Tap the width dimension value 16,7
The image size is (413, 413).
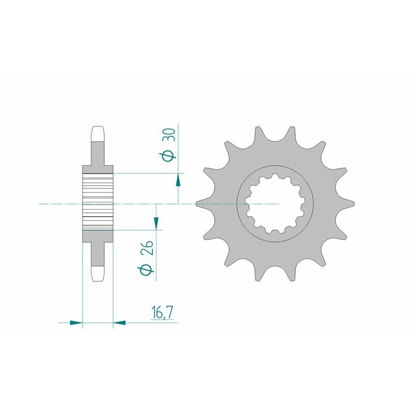162,313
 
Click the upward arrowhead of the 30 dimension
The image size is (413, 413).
178,180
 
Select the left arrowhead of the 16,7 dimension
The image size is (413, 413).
76,323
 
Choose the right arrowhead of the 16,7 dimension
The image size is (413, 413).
119,323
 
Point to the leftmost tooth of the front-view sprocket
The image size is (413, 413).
202,204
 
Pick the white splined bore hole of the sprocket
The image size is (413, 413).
274,204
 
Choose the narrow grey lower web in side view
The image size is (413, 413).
98,253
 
